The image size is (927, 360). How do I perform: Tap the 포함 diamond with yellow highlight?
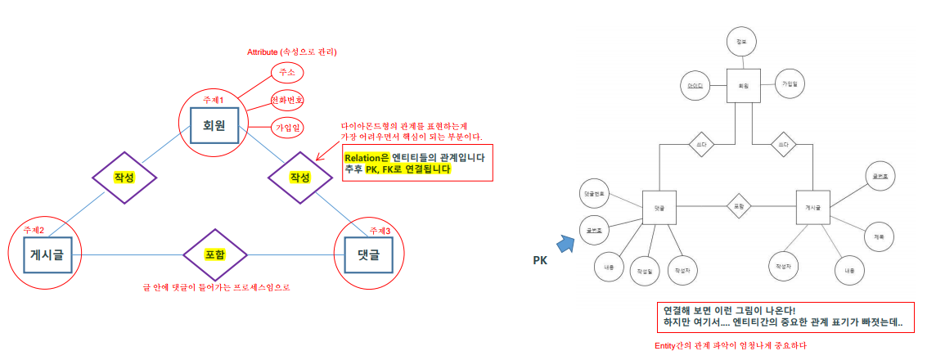click(x=214, y=255)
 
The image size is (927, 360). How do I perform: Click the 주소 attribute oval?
click(x=286, y=73)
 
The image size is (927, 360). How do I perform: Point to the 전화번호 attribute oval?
click(x=287, y=101)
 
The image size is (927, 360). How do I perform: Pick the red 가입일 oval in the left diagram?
click(x=287, y=128)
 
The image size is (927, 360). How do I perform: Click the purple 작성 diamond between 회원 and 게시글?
click(x=124, y=178)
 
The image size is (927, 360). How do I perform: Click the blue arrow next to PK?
click(x=566, y=243)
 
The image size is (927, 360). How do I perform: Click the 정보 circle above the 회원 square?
click(x=742, y=41)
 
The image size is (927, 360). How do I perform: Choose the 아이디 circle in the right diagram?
click(x=695, y=85)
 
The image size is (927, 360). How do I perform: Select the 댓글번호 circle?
click(x=595, y=193)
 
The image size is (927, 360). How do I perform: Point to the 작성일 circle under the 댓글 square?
click(x=646, y=267)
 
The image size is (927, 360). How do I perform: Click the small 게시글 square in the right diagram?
click(x=812, y=208)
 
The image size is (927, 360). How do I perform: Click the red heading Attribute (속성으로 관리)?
click(x=292, y=52)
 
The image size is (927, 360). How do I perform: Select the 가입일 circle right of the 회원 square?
click(x=790, y=83)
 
